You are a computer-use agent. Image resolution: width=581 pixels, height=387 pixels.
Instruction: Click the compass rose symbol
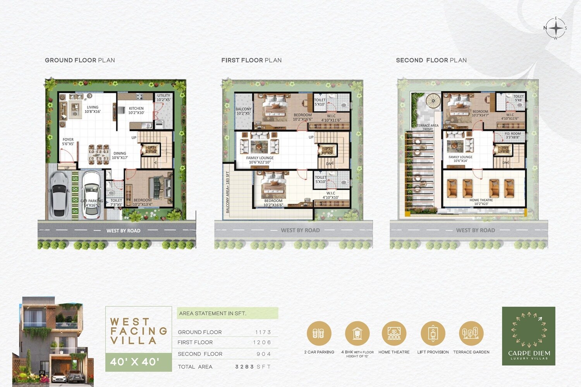click(556, 28)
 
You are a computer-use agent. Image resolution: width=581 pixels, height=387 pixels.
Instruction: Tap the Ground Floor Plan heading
click(80, 60)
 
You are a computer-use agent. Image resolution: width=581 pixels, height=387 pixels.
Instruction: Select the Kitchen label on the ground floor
click(136, 110)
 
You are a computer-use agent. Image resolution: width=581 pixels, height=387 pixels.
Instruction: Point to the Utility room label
click(163, 98)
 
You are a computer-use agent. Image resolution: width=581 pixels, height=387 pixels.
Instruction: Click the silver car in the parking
click(59, 194)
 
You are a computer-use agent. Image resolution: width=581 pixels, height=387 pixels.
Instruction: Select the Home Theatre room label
click(481, 202)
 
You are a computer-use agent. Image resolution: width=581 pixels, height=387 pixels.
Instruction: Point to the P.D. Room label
click(512, 135)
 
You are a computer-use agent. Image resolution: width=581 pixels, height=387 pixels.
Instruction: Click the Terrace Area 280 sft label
click(428, 127)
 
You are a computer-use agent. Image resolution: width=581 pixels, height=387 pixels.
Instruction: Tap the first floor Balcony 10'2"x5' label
click(244, 111)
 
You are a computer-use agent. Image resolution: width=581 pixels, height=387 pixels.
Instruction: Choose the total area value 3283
click(244, 367)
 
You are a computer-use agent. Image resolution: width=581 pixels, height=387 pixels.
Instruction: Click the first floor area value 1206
click(262, 342)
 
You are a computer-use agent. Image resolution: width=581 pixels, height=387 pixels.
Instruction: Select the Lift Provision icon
click(433, 333)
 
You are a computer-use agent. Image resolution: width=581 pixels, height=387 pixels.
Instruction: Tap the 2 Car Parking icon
click(319, 333)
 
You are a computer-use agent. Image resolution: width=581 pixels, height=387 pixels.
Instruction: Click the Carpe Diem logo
click(529, 336)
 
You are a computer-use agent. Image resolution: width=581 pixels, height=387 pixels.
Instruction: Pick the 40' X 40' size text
click(135, 362)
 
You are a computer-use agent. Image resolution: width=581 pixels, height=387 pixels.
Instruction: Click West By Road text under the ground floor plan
click(123, 230)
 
